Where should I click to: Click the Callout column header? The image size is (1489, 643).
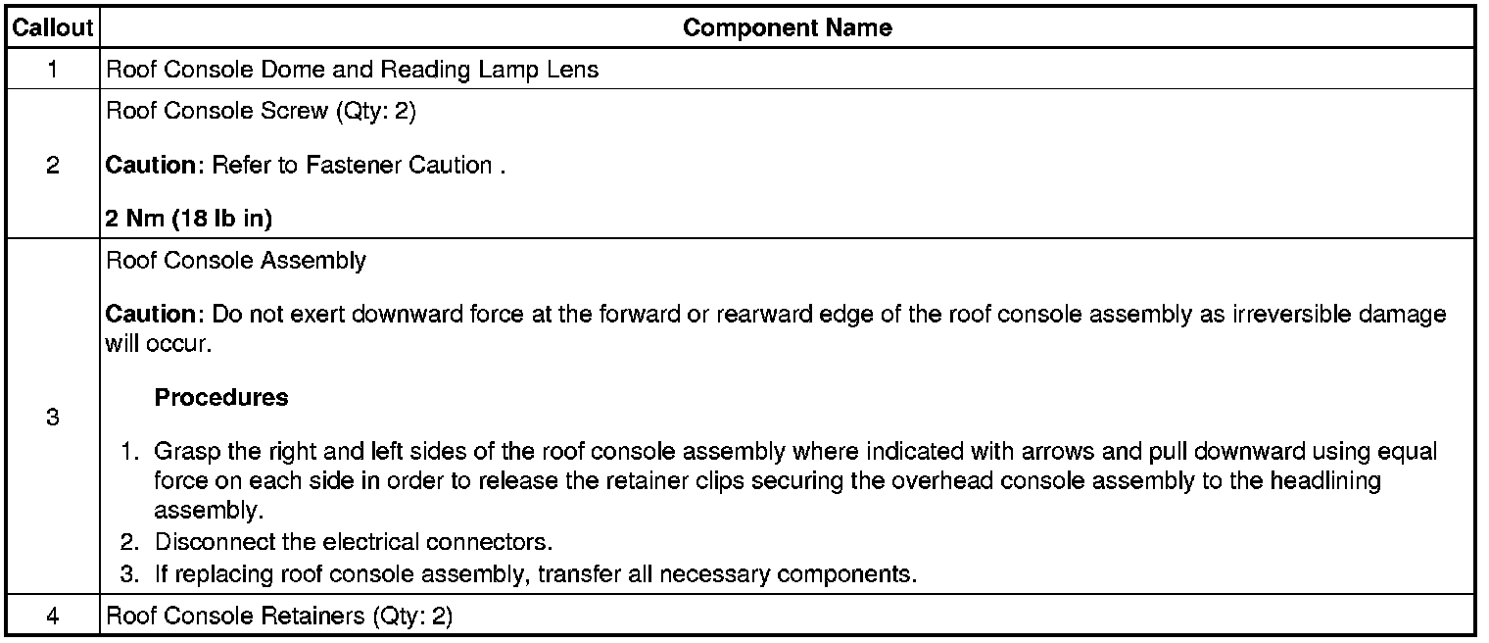pos(51,27)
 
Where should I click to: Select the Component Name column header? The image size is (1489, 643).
pos(787,27)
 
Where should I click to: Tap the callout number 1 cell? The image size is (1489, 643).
pos(51,70)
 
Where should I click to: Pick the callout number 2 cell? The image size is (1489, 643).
pos(51,165)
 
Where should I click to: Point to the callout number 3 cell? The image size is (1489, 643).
pos(51,418)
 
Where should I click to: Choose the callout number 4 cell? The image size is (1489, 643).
pos(51,618)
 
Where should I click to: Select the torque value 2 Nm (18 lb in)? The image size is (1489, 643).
pos(188,220)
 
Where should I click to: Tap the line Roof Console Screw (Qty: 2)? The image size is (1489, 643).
pos(261,111)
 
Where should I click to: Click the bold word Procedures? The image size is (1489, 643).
pos(221,398)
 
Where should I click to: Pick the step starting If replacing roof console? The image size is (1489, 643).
pos(536,573)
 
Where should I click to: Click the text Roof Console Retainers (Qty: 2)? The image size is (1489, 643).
pos(279,618)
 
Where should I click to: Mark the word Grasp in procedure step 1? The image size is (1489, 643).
pos(183,453)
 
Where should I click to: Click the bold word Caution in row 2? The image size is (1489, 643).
pos(152,166)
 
